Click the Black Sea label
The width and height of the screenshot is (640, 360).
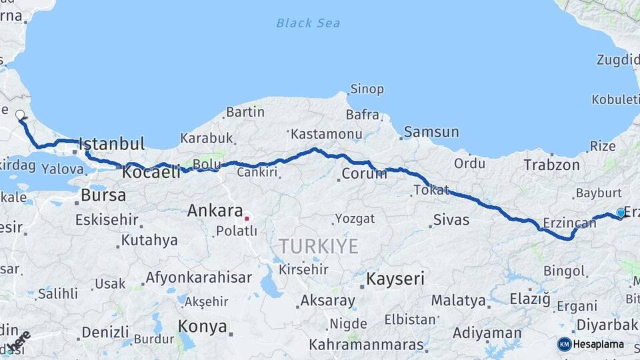point(308,23)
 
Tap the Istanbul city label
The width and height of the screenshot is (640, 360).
point(111,143)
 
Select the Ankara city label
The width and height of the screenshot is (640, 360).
point(215,211)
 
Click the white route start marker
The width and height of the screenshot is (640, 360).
point(20,115)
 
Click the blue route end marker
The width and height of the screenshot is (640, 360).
point(621,213)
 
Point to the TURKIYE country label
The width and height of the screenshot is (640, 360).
point(319,247)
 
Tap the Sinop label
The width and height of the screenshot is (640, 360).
point(367,89)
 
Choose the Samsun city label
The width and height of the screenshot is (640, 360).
point(431,132)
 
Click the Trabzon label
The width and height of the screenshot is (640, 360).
point(551,165)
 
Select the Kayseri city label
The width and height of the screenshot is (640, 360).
point(395,279)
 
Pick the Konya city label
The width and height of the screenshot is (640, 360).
point(203,327)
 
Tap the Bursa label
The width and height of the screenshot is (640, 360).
point(103,196)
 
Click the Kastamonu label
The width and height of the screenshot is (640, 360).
point(327,134)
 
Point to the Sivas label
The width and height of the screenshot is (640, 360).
point(451,219)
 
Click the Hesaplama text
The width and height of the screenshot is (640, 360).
point(598,345)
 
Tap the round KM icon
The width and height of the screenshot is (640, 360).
point(564,345)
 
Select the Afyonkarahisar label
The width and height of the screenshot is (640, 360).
point(199,277)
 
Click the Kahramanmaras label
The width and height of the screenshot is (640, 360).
point(367,345)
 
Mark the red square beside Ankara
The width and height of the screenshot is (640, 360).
point(247,218)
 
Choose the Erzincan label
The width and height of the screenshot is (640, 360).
point(559,223)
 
